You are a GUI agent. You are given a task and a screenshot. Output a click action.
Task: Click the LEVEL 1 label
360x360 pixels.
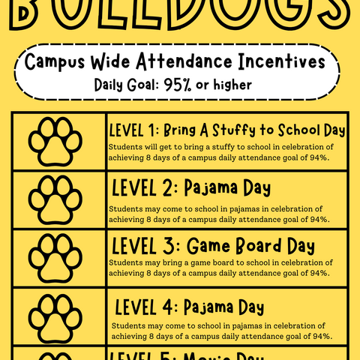[133, 130]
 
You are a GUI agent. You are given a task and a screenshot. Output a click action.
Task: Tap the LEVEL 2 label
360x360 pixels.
[137, 187]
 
